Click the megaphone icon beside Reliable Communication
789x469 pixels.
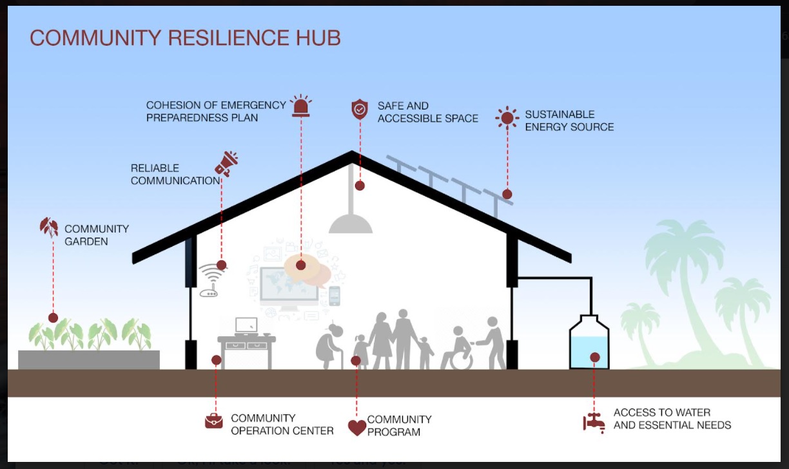pyautogui.click(x=226, y=164)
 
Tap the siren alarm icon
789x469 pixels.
pyautogui.click(x=301, y=105)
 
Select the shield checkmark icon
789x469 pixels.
pyautogui.click(x=360, y=109)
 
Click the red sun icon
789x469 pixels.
pyautogui.click(x=507, y=118)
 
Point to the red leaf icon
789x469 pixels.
pyautogui.click(x=49, y=227)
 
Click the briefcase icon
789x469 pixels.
pyautogui.click(x=214, y=421)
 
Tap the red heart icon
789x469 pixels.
pyautogui.click(x=357, y=428)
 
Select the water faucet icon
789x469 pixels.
pyautogui.click(x=594, y=423)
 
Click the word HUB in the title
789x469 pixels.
pyautogui.click(x=318, y=37)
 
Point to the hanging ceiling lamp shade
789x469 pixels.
pyautogui.click(x=351, y=224)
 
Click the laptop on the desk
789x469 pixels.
pyautogui.click(x=246, y=326)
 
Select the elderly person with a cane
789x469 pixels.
pyautogui.click(x=329, y=347)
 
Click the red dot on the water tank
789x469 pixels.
pyautogui.click(x=595, y=358)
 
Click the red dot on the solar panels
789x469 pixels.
pyautogui.click(x=507, y=194)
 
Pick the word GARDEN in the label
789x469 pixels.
pyautogui.click(x=86, y=242)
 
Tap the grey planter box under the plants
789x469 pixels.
pyautogui.click(x=89, y=360)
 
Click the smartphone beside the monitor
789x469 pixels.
pyautogui.click(x=335, y=296)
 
